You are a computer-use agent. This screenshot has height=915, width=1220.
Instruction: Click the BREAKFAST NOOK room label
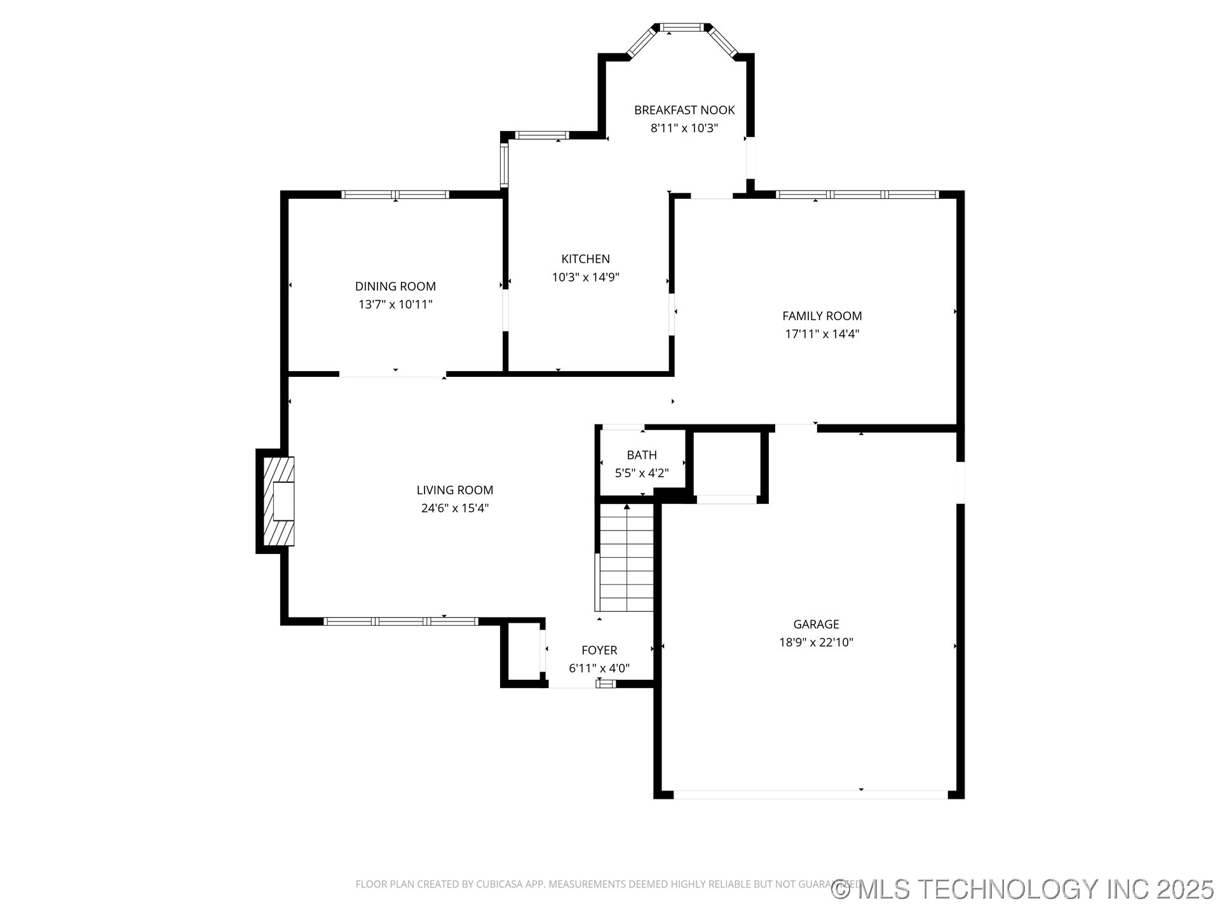tap(684, 110)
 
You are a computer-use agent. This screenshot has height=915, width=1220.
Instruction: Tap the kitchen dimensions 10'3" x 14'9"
tap(585, 277)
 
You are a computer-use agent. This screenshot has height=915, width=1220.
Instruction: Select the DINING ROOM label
tap(395, 287)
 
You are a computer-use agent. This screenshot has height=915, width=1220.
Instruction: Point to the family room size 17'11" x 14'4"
tap(822, 334)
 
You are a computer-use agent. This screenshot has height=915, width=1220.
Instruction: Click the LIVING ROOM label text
tap(455, 490)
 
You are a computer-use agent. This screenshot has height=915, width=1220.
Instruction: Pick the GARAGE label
tap(816, 624)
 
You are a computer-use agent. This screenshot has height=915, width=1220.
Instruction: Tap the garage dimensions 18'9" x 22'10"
tap(816, 642)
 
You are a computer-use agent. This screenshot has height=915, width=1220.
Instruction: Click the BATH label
tap(642, 455)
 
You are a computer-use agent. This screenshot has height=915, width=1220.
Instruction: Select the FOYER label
tap(599, 650)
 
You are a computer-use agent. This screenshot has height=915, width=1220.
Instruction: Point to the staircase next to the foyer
tap(627, 559)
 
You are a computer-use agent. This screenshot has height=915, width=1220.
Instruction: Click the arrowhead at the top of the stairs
tap(627, 507)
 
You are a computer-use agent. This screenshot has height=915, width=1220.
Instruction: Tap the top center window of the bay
tap(682, 27)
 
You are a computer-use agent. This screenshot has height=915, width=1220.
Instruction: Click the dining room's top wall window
tap(395, 194)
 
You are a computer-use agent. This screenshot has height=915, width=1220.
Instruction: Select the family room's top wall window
tap(857, 194)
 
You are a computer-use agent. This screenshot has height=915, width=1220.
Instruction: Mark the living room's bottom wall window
tap(400, 621)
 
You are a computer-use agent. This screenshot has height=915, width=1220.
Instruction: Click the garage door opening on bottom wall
tap(810, 794)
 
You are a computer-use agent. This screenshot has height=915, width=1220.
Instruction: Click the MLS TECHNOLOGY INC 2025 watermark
tap(1023, 888)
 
